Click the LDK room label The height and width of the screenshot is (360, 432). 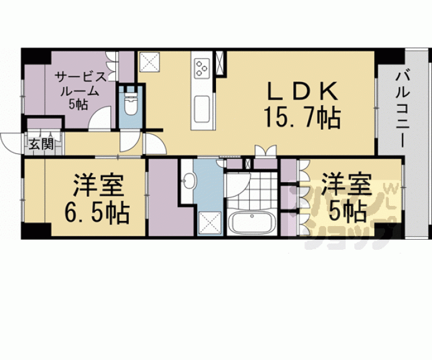(302, 91)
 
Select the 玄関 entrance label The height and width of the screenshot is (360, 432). (41, 144)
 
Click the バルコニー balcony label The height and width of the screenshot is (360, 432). (402, 110)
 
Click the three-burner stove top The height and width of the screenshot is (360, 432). (202, 68)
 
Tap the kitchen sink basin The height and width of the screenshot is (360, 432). (202, 110)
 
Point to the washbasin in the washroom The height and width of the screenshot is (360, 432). (189, 181)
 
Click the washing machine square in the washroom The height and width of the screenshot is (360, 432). (210, 223)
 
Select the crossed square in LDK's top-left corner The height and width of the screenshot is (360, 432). (150, 62)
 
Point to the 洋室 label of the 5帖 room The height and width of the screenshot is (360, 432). (347, 184)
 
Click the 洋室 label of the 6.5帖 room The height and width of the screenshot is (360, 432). (98, 185)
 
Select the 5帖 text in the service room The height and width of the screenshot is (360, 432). (78, 104)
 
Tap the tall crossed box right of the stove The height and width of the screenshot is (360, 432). (220, 63)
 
